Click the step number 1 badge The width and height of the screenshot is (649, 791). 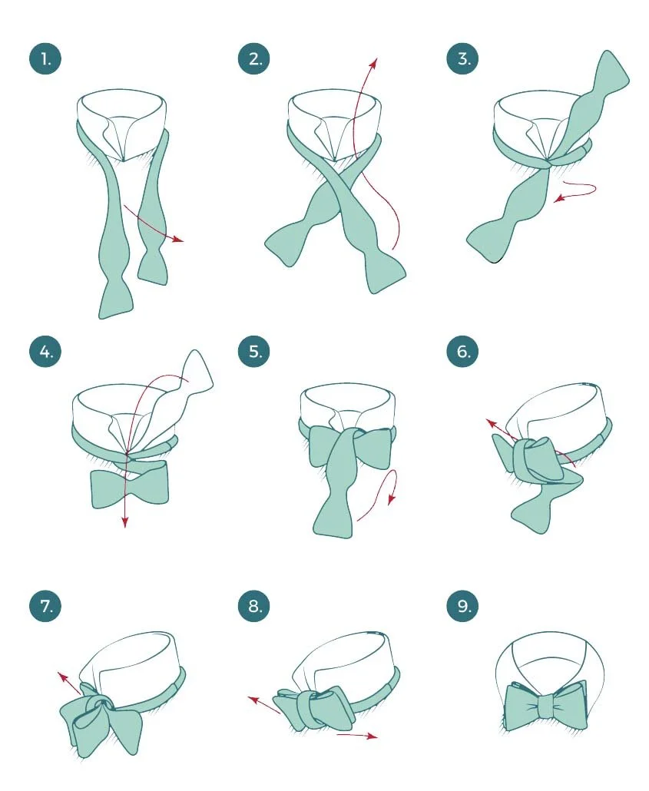point(45,59)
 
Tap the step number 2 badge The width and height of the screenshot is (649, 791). point(254,59)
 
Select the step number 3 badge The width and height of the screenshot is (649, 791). point(462,58)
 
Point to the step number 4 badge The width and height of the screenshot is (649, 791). point(45,351)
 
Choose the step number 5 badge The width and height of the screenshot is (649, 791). point(254,351)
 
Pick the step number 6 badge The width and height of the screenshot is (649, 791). point(462,351)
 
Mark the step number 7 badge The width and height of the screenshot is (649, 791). point(45,605)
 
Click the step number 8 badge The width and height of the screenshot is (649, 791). point(254,605)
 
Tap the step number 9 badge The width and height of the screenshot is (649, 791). point(462,605)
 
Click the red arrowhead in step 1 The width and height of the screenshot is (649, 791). point(178,239)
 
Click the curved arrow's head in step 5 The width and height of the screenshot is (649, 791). point(392,499)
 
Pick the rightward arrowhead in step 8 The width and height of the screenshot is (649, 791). point(373,736)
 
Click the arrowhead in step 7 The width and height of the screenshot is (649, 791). point(62,677)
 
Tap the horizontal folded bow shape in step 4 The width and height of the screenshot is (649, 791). point(129,488)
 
